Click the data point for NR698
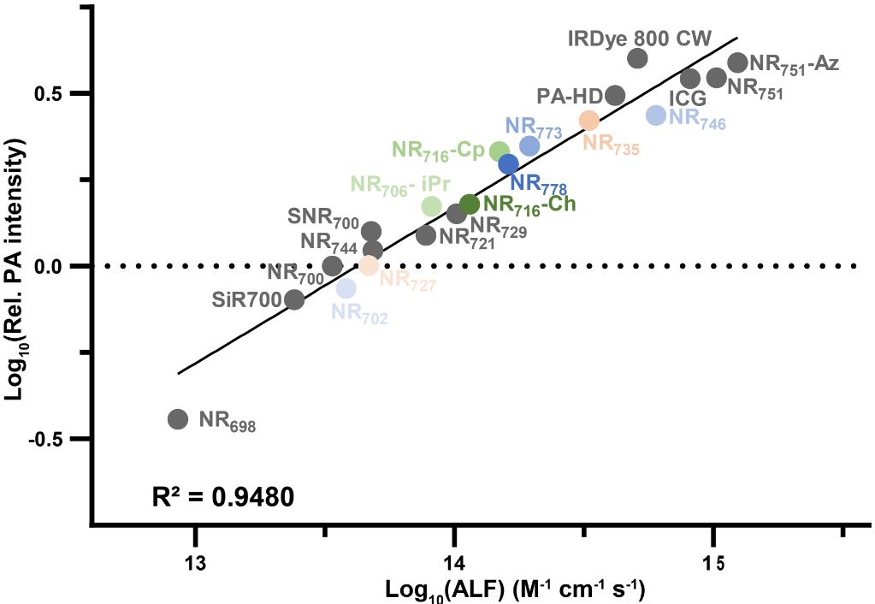pyautogui.click(x=177, y=418)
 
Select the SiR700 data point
pyautogui.click(x=294, y=299)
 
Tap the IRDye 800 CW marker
pyautogui.click(x=636, y=58)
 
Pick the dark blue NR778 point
pyautogui.click(x=508, y=163)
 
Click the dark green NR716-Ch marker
pyautogui.click(x=469, y=204)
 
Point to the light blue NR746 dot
pyautogui.click(x=656, y=115)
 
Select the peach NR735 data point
pyautogui.click(x=588, y=121)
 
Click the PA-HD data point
pyautogui.click(x=615, y=95)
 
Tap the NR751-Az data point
pyautogui.click(x=737, y=62)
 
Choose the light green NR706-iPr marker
pyautogui.click(x=432, y=206)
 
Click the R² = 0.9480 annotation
pyautogui.click(x=225, y=495)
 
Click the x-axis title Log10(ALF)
pyautogui.click(x=515, y=590)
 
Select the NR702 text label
pyautogui.click(x=360, y=316)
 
